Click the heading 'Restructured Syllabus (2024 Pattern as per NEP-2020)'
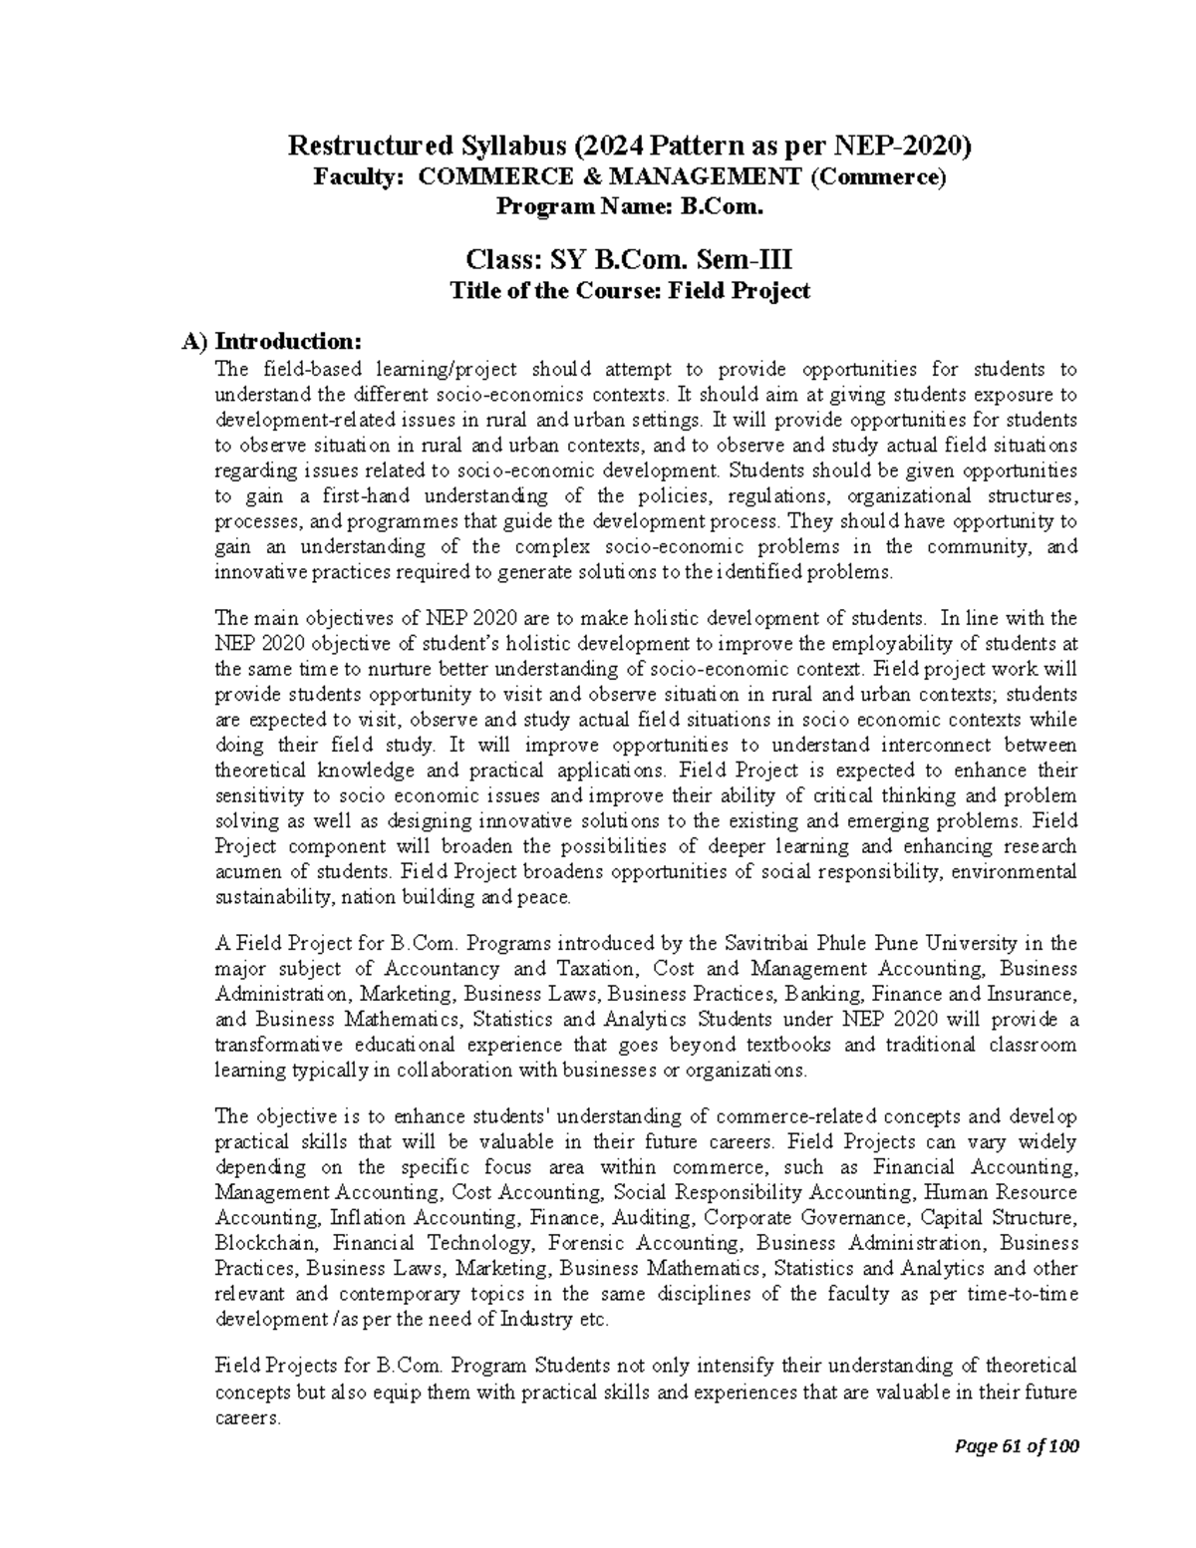(x=628, y=148)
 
